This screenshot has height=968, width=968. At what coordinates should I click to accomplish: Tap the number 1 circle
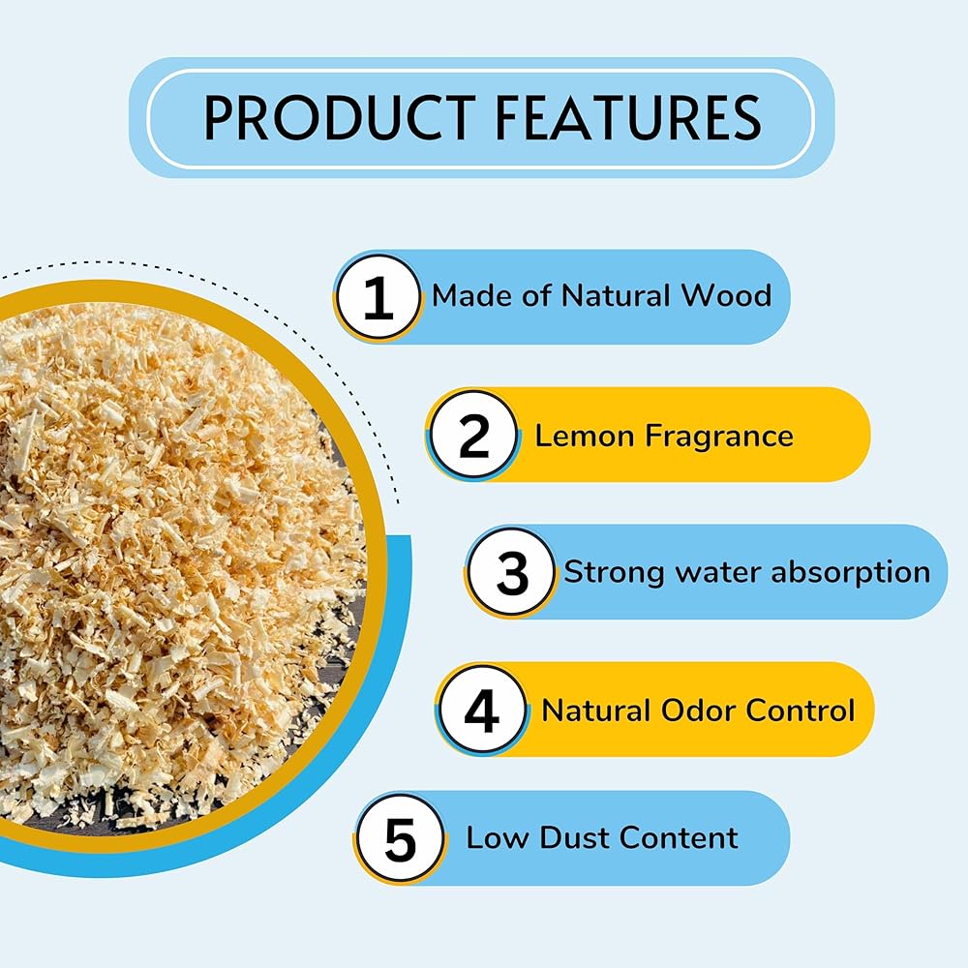378,297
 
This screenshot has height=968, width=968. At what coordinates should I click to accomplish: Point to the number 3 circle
512,573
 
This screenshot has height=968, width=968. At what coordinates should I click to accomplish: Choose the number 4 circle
482,711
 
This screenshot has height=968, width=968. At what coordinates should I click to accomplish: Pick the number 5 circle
400,838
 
